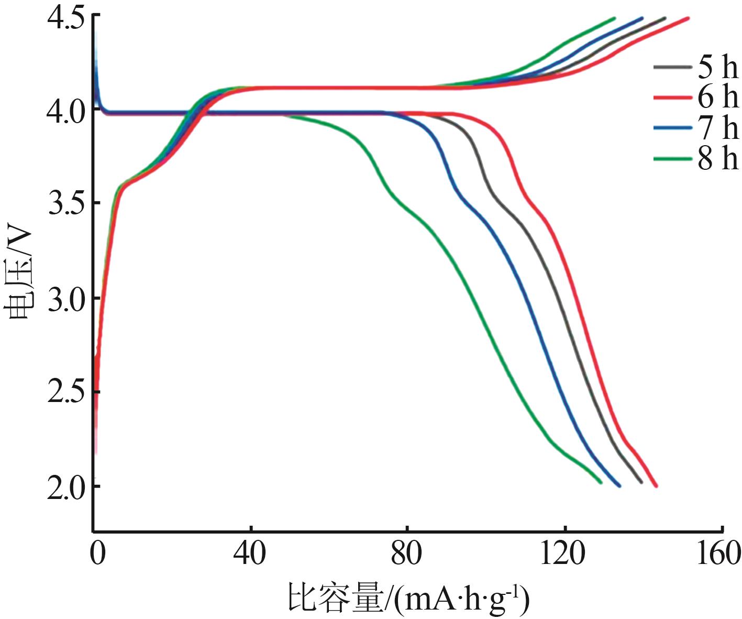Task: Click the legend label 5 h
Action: [x=717, y=67]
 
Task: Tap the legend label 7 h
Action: [x=717, y=127]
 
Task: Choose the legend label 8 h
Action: [x=717, y=158]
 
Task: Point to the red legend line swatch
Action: [x=672, y=97]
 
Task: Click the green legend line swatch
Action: [x=672, y=158]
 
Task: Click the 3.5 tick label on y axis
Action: [x=65, y=204]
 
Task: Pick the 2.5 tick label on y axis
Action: [x=65, y=393]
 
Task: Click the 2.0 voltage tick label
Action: [x=65, y=487]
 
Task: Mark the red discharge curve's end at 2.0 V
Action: [x=656, y=486]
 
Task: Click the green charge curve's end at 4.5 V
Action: [x=614, y=18]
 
